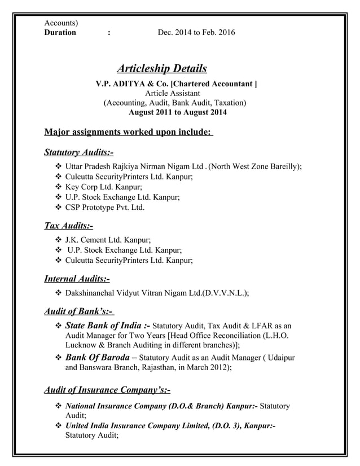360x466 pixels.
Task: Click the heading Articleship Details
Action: (x=161, y=69)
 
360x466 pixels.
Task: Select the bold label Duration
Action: (x=60, y=32)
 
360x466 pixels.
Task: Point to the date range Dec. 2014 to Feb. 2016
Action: (x=196, y=32)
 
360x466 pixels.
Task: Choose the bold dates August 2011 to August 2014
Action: (x=178, y=112)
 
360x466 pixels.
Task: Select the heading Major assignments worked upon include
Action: (x=128, y=133)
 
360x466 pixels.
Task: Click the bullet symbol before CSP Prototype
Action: (x=58, y=208)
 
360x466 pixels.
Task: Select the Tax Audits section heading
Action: (x=68, y=226)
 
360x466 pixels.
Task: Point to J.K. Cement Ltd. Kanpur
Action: (x=108, y=240)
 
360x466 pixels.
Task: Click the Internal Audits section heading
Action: (x=77, y=278)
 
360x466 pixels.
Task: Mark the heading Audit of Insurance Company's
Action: (x=107, y=390)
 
